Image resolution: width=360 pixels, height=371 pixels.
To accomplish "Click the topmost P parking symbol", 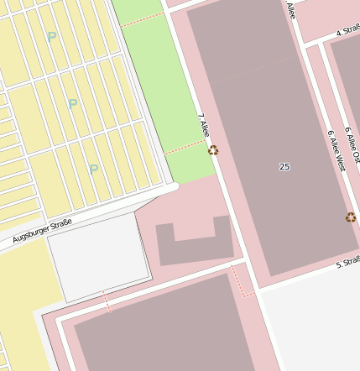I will [52, 37].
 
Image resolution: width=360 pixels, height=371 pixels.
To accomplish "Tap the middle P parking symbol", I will [73, 104].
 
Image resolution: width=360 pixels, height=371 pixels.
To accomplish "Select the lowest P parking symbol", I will [94, 169].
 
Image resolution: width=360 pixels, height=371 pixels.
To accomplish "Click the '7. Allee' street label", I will [203, 125].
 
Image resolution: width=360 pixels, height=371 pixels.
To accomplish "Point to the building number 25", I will [284, 167].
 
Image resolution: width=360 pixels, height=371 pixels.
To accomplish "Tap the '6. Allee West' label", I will [336, 150].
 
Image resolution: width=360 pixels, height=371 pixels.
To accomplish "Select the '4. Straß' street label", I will [347, 32].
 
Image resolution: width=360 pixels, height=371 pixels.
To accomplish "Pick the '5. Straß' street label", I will [347, 263].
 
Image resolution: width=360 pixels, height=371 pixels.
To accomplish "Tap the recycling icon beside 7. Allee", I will [213, 150].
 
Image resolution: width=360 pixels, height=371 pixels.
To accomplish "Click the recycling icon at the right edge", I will [351, 217].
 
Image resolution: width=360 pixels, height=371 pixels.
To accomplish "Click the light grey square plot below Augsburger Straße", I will [98, 257].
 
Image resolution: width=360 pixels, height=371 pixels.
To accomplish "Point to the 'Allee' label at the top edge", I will [290, 9].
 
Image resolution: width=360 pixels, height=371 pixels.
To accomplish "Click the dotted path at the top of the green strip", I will [142, 18].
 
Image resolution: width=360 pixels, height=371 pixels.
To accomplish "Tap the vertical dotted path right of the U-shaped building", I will [243, 281].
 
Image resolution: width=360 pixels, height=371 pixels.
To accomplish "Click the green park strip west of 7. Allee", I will [159, 84].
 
